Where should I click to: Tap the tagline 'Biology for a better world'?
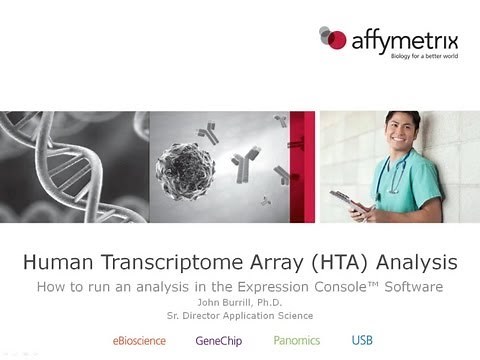pyautogui.click(x=400, y=58)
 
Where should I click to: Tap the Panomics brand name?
pyautogui.click(x=298, y=341)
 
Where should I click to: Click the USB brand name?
pyautogui.click(x=362, y=341)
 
